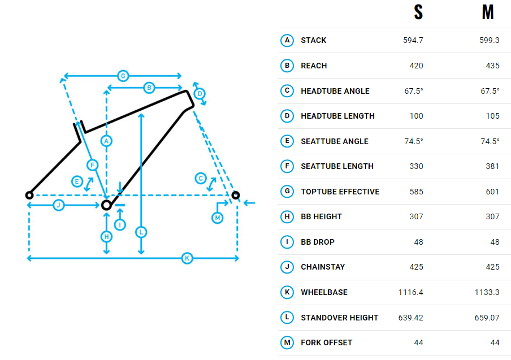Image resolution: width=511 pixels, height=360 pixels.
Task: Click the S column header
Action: pos(418,12)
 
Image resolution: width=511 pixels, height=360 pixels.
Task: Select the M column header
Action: pos(487,12)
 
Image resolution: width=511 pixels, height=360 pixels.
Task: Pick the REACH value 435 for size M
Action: pos(492,66)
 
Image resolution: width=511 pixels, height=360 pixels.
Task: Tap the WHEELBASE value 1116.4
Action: pos(410,292)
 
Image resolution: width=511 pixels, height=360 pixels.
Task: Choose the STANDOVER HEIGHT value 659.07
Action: pos(487,318)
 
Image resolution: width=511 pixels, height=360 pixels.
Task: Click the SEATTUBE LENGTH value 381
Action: pos(492,166)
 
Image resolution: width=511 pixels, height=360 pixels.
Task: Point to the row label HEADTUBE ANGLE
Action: pos(335,91)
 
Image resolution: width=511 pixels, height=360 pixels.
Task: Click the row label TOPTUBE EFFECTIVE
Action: pos(340,192)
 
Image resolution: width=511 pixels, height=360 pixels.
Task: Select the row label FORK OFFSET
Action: pos(326,342)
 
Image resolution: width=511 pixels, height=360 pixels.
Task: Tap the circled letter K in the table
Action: pos(287,292)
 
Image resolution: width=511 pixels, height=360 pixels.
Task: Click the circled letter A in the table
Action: pos(287,40)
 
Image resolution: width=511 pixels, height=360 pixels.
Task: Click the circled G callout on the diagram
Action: pos(122,76)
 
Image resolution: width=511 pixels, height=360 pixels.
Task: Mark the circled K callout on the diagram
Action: pos(188,258)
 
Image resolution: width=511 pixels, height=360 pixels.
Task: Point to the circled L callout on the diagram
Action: pos(141,232)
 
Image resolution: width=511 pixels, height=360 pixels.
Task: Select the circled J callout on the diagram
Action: pos(58,205)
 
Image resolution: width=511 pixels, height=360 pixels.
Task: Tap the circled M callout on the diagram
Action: pos(218,218)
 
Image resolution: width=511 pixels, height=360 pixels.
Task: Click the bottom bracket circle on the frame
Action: pos(106,205)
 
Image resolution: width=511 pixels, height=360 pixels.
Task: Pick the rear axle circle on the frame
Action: pos(29,195)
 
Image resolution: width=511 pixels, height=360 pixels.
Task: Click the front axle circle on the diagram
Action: pos(236,195)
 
